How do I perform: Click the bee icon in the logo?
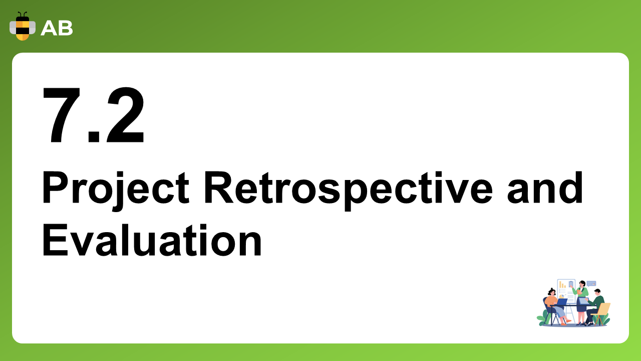(23, 27)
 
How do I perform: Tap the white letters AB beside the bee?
(57, 29)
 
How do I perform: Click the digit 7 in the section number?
(61, 115)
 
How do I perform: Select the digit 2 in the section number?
(125, 115)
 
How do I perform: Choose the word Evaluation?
(152, 240)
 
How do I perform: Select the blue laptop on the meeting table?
(562, 302)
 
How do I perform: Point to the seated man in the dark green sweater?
(595, 307)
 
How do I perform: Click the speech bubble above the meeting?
(591, 284)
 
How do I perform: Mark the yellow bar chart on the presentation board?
(562, 284)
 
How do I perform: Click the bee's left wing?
(13, 28)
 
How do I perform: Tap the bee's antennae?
(23, 15)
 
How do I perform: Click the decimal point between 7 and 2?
(94, 137)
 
